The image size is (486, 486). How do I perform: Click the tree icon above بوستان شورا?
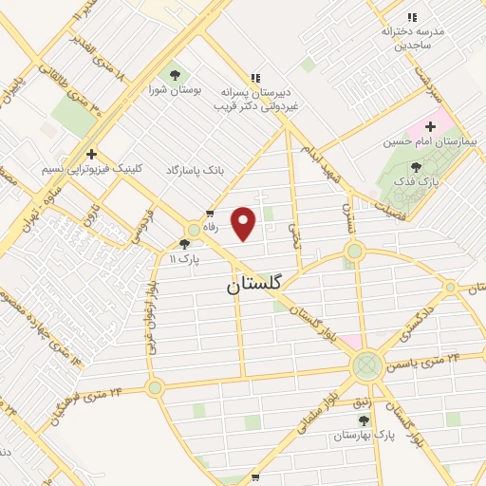pyautogui.click(x=175, y=73)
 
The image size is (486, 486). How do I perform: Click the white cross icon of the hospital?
pyautogui.click(x=429, y=125)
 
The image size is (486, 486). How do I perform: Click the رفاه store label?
pyautogui.click(x=224, y=227)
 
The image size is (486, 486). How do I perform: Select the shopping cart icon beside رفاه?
pyautogui.click(x=209, y=215)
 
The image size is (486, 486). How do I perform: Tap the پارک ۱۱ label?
pyautogui.click(x=184, y=258)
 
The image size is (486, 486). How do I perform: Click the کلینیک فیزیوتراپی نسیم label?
pyautogui.click(x=92, y=169)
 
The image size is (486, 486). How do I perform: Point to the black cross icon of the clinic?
pyautogui.click(x=91, y=153)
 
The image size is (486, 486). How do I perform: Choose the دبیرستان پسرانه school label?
pyautogui.click(x=255, y=96)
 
